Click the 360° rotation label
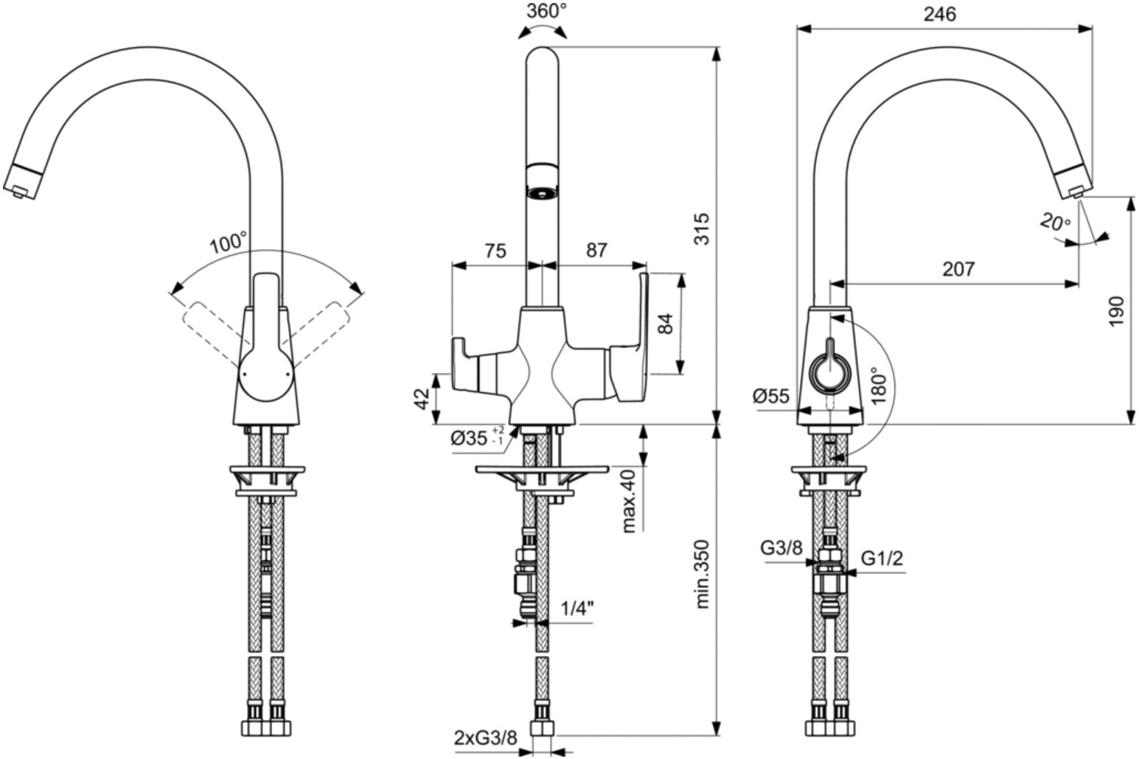click(x=546, y=10)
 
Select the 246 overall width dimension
click(x=940, y=14)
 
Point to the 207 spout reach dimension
click(x=958, y=268)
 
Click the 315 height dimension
click(x=702, y=229)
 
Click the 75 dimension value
click(x=495, y=250)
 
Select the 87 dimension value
click(x=596, y=250)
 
